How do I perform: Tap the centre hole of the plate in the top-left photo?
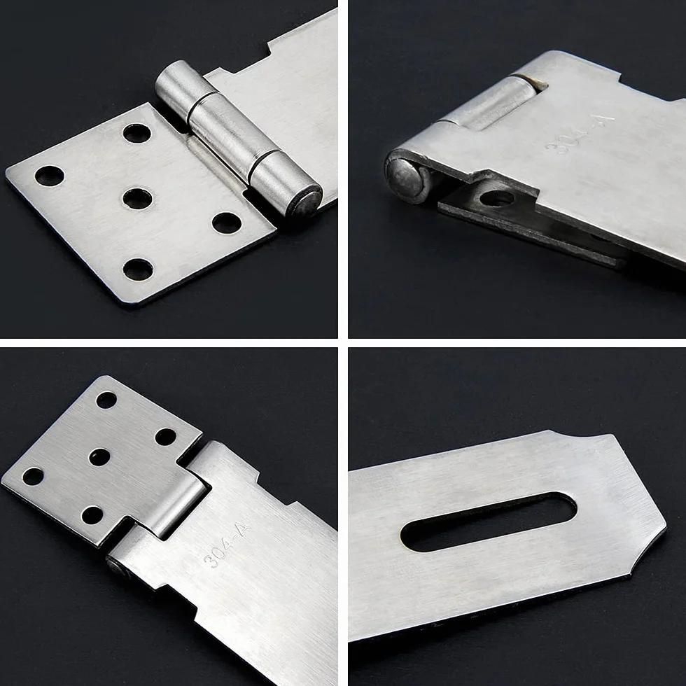(137, 198)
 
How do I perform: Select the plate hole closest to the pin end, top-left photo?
(227, 223)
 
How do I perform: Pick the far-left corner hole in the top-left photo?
(50, 176)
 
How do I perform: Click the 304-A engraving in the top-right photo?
(579, 134)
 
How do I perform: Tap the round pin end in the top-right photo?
(405, 176)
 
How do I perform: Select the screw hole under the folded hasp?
(497, 197)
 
